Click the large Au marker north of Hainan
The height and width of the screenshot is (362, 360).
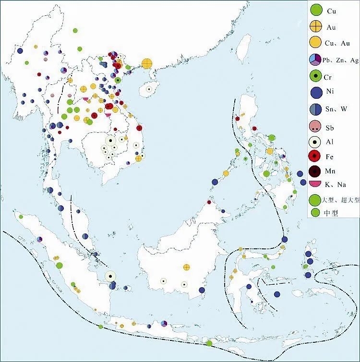click(147, 63)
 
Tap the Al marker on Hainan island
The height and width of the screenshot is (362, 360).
click(149, 89)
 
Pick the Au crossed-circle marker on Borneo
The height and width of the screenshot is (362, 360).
click(187, 267)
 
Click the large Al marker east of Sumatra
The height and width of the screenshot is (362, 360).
click(110, 276)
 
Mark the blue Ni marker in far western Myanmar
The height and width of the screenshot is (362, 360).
click(20, 50)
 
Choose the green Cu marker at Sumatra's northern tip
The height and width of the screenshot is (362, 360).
click(21, 216)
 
